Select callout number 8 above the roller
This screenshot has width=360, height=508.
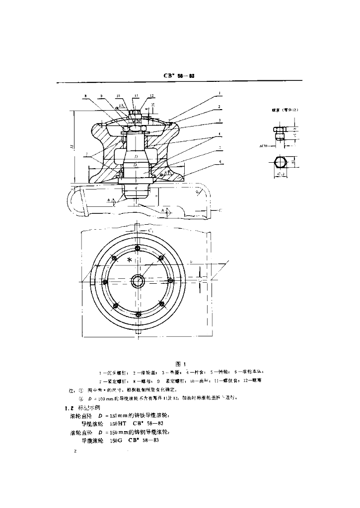click(x=85, y=96)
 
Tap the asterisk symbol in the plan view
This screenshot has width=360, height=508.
click(x=130, y=260)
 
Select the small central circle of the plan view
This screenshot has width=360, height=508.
click(x=138, y=281)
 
